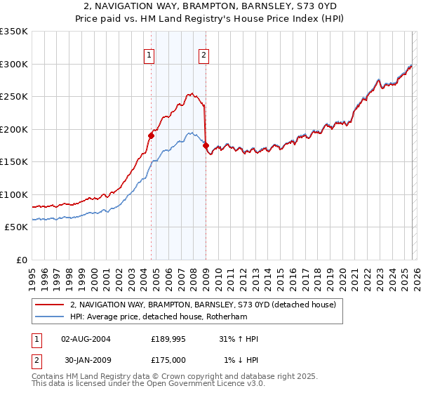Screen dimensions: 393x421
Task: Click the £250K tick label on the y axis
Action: coord(14,97)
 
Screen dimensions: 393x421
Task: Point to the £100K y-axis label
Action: coord(14,194)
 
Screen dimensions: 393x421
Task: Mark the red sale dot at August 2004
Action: coord(151,135)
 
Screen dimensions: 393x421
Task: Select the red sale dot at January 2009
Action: coord(206,146)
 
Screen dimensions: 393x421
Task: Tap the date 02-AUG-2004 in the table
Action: coord(86,339)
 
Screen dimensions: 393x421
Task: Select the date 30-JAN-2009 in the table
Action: coord(86,360)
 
